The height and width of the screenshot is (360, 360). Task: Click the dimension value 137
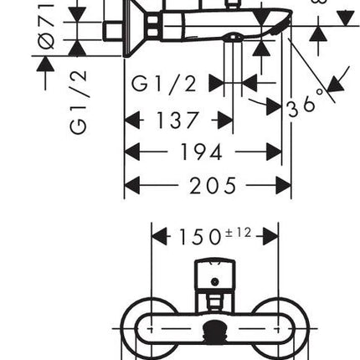click(177, 121)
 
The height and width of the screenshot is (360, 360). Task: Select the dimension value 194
click(202, 152)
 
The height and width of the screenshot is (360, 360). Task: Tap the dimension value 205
click(213, 185)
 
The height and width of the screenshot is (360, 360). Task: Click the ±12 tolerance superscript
click(239, 233)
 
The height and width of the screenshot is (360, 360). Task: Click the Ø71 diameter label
click(46, 24)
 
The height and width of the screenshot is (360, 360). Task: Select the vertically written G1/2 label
click(78, 102)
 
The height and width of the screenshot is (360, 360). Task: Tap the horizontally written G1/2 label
click(164, 84)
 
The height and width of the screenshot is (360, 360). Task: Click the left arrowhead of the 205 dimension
click(132, 185)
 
